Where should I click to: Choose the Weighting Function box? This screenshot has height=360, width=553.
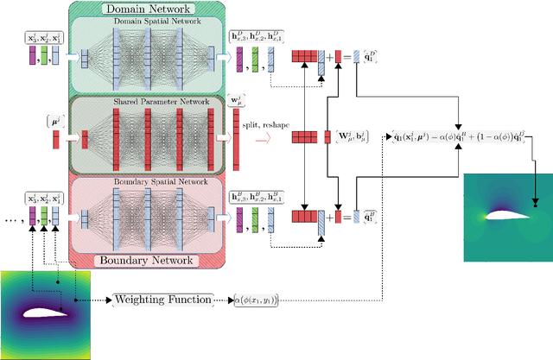pos(162,299)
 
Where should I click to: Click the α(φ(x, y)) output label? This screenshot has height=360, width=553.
pos(255,299)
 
